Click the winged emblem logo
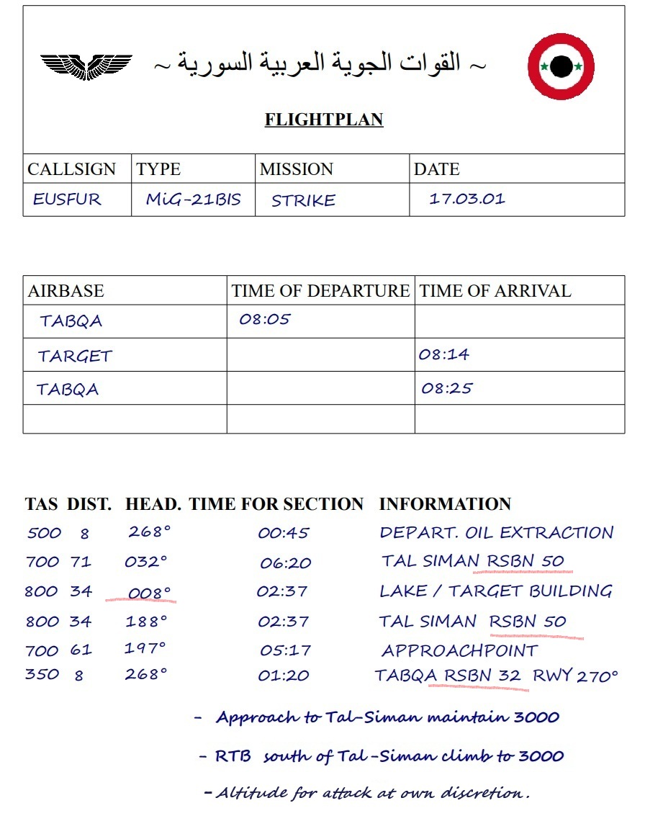[x=86, y=66]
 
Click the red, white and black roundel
[x=561, y=67]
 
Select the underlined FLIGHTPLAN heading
[x=324, y=120]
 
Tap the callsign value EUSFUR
[x=67, y=199]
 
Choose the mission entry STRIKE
[x=303, y=201]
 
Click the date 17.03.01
[x=467, y=199]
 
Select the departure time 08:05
[x=264, y=319]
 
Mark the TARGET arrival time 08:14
[x=443, y=354]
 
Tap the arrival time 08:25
[x=447, y=388]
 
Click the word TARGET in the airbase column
[x=75, y=356]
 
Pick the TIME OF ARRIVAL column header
[x=495, y=291]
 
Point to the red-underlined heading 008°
[x=150, y=593]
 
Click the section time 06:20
[x=285, y=563]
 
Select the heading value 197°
[x=145, y=648]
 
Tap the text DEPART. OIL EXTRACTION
[x=496, y=533]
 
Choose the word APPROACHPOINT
[x=459, y=651]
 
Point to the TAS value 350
[x=42, y=675]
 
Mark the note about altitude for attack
[x=367, y=793]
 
